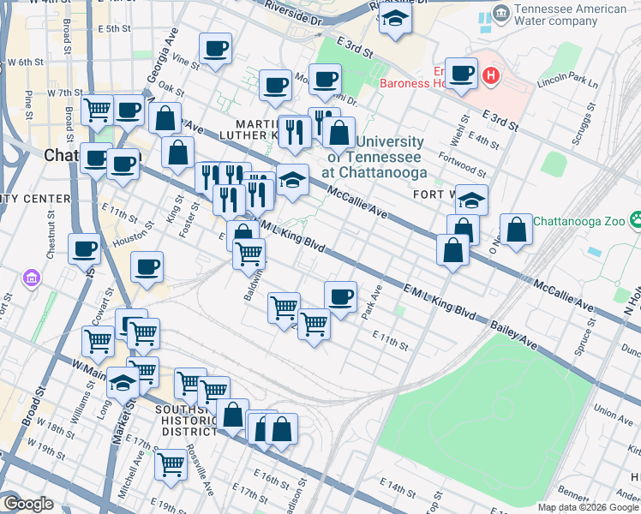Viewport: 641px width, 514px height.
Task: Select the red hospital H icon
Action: coord(490,76)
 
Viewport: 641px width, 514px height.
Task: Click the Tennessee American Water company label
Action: coord(570,16)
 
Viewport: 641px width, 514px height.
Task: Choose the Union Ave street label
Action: coord(613,415)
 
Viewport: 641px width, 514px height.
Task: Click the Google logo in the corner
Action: coord(27,504)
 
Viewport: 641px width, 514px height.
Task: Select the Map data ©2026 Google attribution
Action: coord(587,506)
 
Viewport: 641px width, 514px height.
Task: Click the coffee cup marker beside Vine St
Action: coord(216,48)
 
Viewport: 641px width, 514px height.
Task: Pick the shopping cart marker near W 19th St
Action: coord(171,463)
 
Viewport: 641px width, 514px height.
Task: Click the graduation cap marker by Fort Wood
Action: coord(471,200)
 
